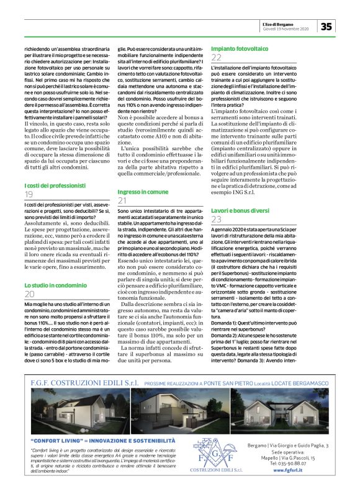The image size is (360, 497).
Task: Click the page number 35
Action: click(x=326, y=26)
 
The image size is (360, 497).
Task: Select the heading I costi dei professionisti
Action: click(x=55, y=186)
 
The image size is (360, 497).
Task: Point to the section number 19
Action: click(x=29, y=195)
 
